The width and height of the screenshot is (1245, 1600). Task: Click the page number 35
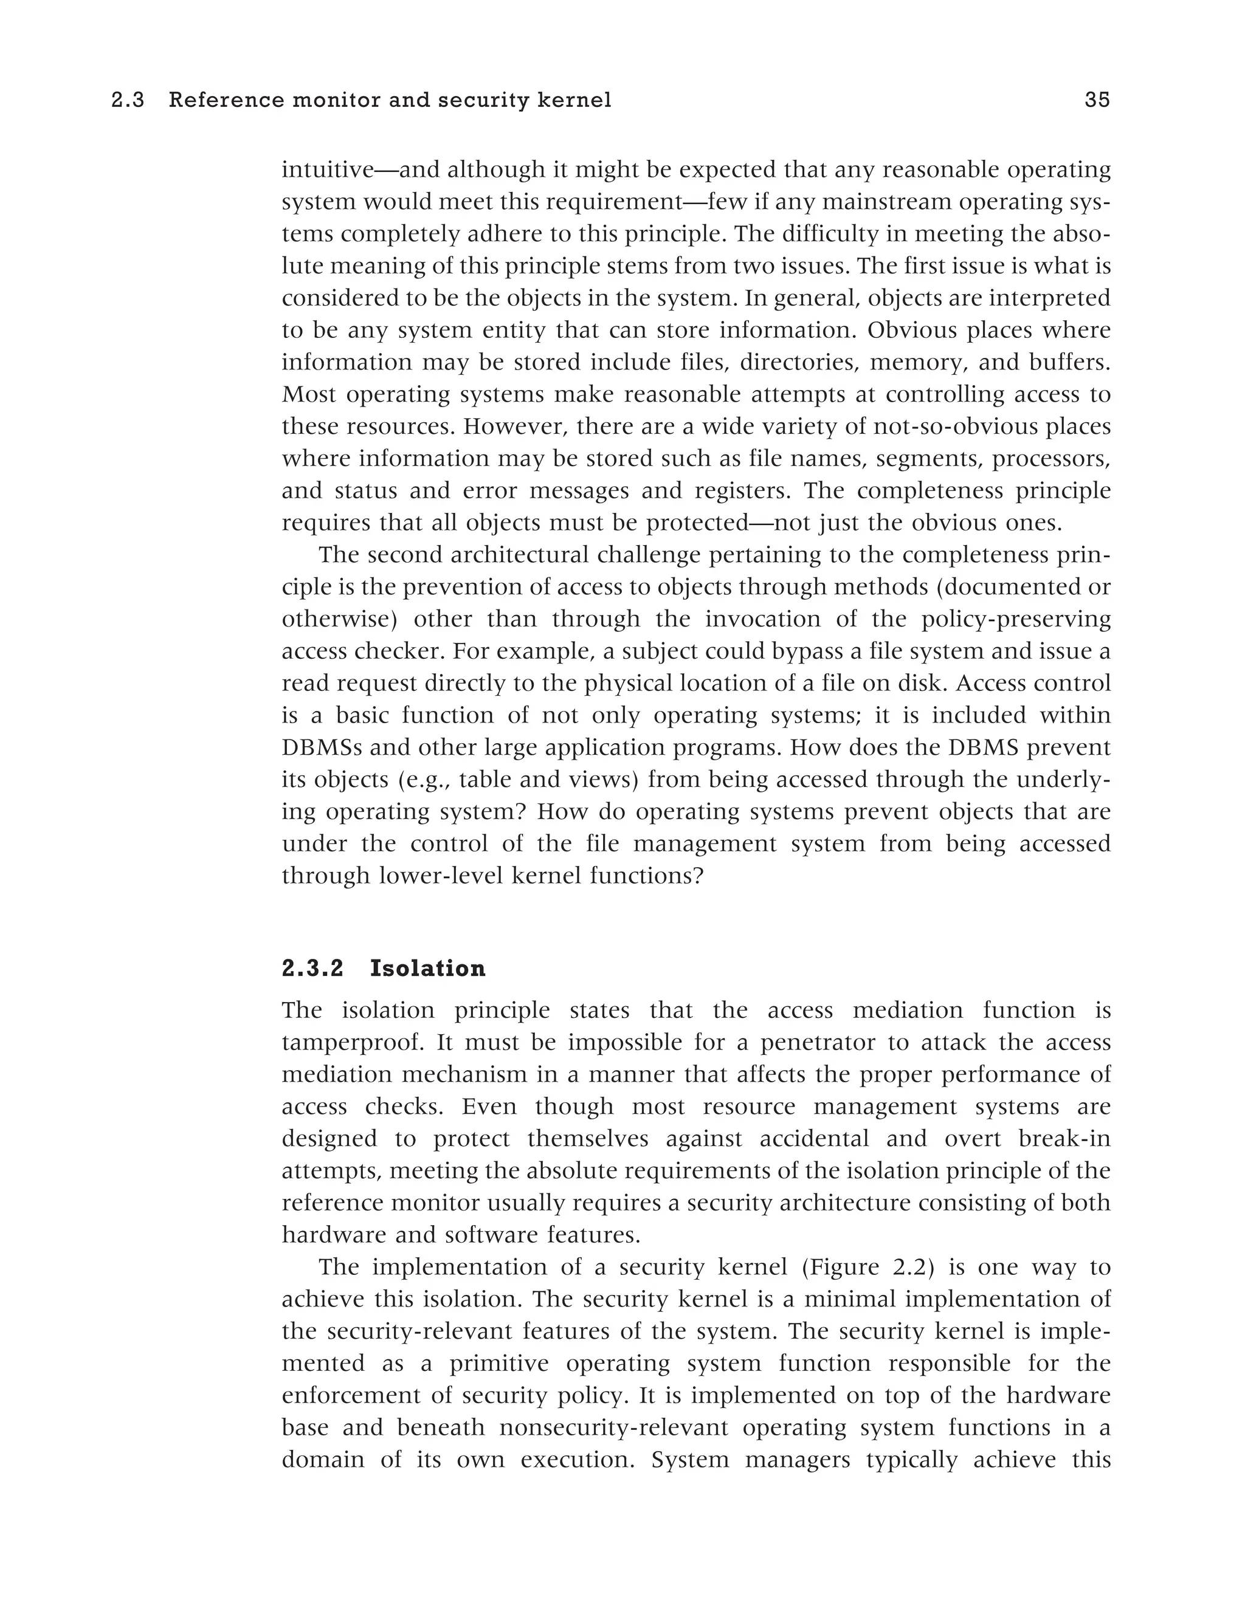coord(1097,100)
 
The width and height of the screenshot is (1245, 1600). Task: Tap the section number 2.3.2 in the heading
coord(313,969)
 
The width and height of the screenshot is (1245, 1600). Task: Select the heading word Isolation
coord(427,969)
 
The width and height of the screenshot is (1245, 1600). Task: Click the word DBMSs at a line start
coord(319,747)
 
